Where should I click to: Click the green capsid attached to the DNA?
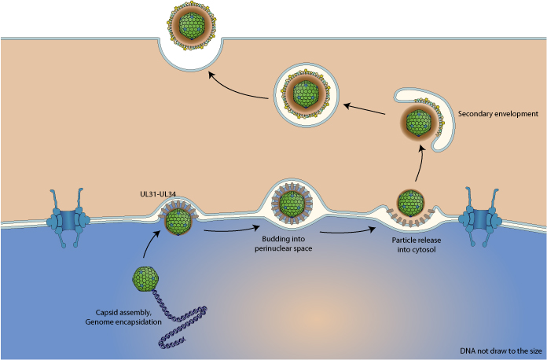tap(145, 278)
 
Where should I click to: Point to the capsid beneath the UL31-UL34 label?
tap(175, 221)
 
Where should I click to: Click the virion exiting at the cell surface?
tap(189, 24)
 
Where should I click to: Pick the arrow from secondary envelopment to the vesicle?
tap(366, 109)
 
